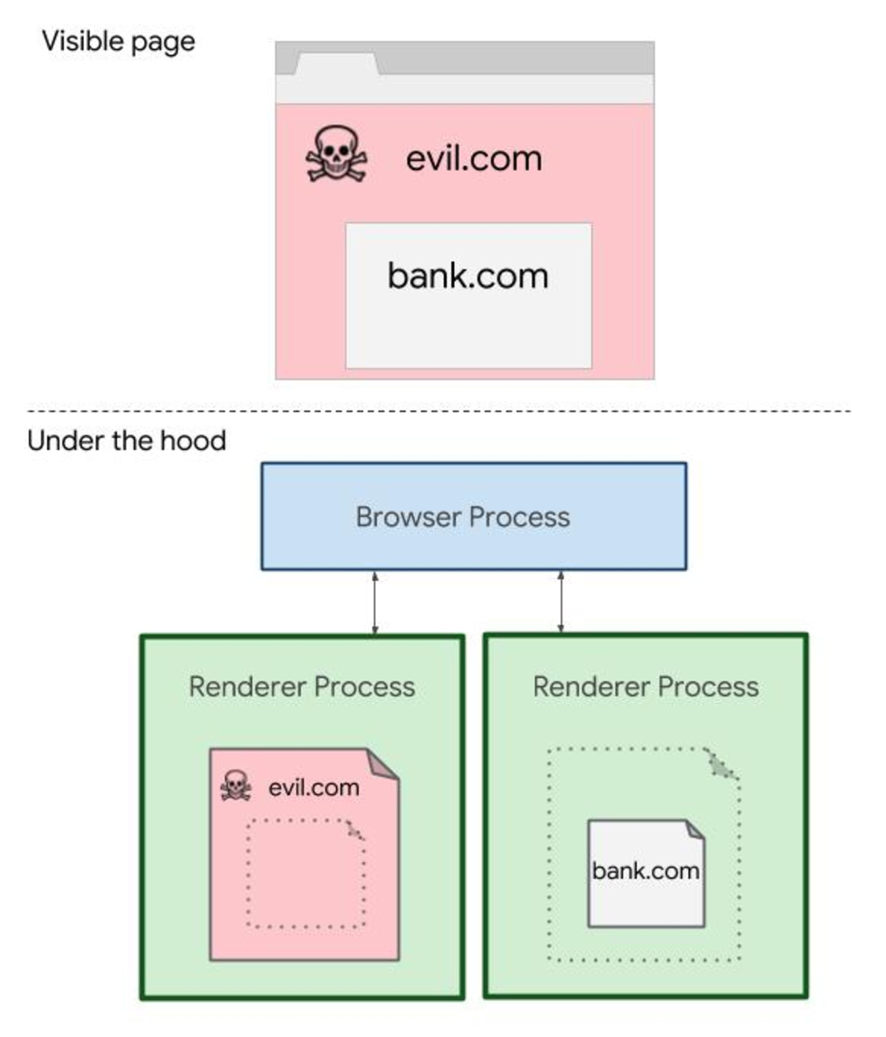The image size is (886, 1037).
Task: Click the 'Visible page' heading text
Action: tap(118, 41)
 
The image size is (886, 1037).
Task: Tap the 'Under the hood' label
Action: tap(126, 440)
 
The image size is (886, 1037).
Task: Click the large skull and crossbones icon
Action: tap(336, 154)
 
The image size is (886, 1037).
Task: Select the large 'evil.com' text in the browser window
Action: tap(473, 159)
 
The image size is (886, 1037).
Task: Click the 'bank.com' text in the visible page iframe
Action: tap(468, 276)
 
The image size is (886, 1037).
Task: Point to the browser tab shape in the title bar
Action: tap(336, 64)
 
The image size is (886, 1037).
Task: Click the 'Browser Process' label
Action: tap(462, 517)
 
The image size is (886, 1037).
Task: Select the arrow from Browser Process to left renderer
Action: tap(375, 603)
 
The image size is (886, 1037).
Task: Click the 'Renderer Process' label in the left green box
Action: tap(302, 686)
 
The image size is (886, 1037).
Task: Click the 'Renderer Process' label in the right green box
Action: tap(646, 686)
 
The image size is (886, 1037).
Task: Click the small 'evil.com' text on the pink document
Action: tap(314, 788)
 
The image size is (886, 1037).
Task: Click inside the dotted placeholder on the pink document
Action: tap(305, 876)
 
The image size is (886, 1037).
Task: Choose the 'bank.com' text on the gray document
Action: tap(646, 871)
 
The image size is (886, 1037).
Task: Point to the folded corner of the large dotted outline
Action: tap(721, 765)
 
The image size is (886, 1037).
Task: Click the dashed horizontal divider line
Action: tap(438, 411)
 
